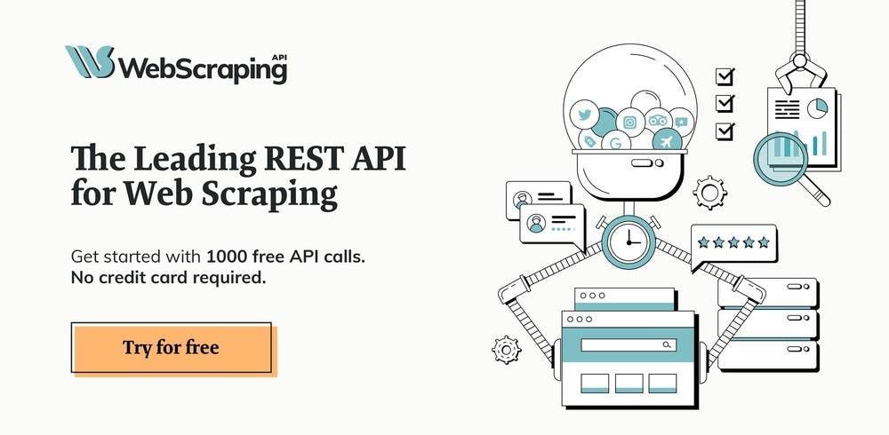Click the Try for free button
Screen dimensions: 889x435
tap(172, 347)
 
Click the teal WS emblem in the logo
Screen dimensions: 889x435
tap(90, 62)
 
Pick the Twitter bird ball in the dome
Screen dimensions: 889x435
tap(585, 115)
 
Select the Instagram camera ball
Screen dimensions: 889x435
tap(630, 123)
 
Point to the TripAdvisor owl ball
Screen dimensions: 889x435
tap(658, 120)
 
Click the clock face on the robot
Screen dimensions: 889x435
tap(629, 241)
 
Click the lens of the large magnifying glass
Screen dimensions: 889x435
tap(781, 159)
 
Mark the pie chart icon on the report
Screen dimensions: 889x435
tap(817, 108)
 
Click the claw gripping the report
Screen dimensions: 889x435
tap(799, 71)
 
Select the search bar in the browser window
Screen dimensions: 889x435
tap(629, 344)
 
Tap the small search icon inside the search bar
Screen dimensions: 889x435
tap(667, 344)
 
